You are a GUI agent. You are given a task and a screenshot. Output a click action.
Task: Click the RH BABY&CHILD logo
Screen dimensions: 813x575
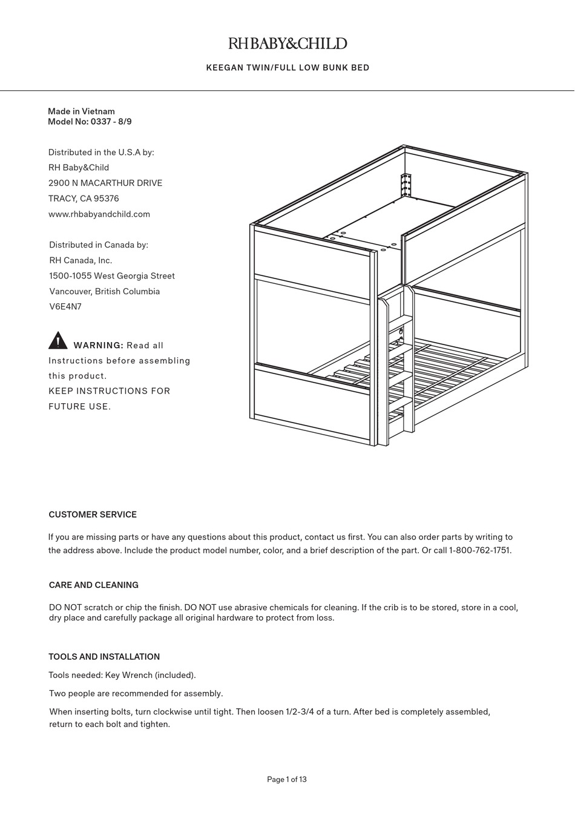tap(287, 44)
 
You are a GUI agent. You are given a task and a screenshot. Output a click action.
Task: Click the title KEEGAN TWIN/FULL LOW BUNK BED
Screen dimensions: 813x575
tap(287, 68)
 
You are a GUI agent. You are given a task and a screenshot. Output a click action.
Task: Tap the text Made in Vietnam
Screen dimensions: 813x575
tap(81, 111)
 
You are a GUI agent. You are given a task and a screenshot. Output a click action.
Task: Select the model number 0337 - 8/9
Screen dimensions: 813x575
tap(111, 122)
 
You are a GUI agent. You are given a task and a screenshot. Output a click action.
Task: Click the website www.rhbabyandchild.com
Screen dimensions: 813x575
tap(99, 214)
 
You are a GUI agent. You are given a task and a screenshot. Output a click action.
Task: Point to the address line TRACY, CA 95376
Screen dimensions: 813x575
tap(84, 199)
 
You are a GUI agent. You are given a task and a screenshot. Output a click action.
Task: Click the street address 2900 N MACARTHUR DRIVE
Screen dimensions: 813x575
tap(105, 183)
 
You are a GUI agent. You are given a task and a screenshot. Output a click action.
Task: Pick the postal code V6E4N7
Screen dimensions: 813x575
tap(65, 307)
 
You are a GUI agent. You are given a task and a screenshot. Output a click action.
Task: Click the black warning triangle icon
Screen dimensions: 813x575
tap(57, 341)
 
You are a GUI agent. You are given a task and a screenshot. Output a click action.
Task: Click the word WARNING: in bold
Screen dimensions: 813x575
tap(98, 346)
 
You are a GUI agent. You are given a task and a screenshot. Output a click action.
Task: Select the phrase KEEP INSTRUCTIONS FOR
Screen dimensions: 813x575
tap(110, 391)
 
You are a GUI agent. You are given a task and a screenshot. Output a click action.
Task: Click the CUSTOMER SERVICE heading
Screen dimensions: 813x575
tap(93, 515)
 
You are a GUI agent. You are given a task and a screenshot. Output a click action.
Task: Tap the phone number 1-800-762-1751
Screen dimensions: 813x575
tap(479, 551)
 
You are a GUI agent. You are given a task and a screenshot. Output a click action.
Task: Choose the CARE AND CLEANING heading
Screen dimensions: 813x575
tap(94, 585)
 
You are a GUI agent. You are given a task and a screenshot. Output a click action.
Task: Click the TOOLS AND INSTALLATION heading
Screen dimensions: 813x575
tap(104, 657)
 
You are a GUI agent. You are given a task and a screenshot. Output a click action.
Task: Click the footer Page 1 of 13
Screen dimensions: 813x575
tap(287, 780)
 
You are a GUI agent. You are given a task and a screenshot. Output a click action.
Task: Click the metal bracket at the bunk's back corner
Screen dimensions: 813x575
tap(405, 185)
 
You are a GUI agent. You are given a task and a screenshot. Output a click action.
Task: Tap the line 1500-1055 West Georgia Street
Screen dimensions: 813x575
tap(112, 276)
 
